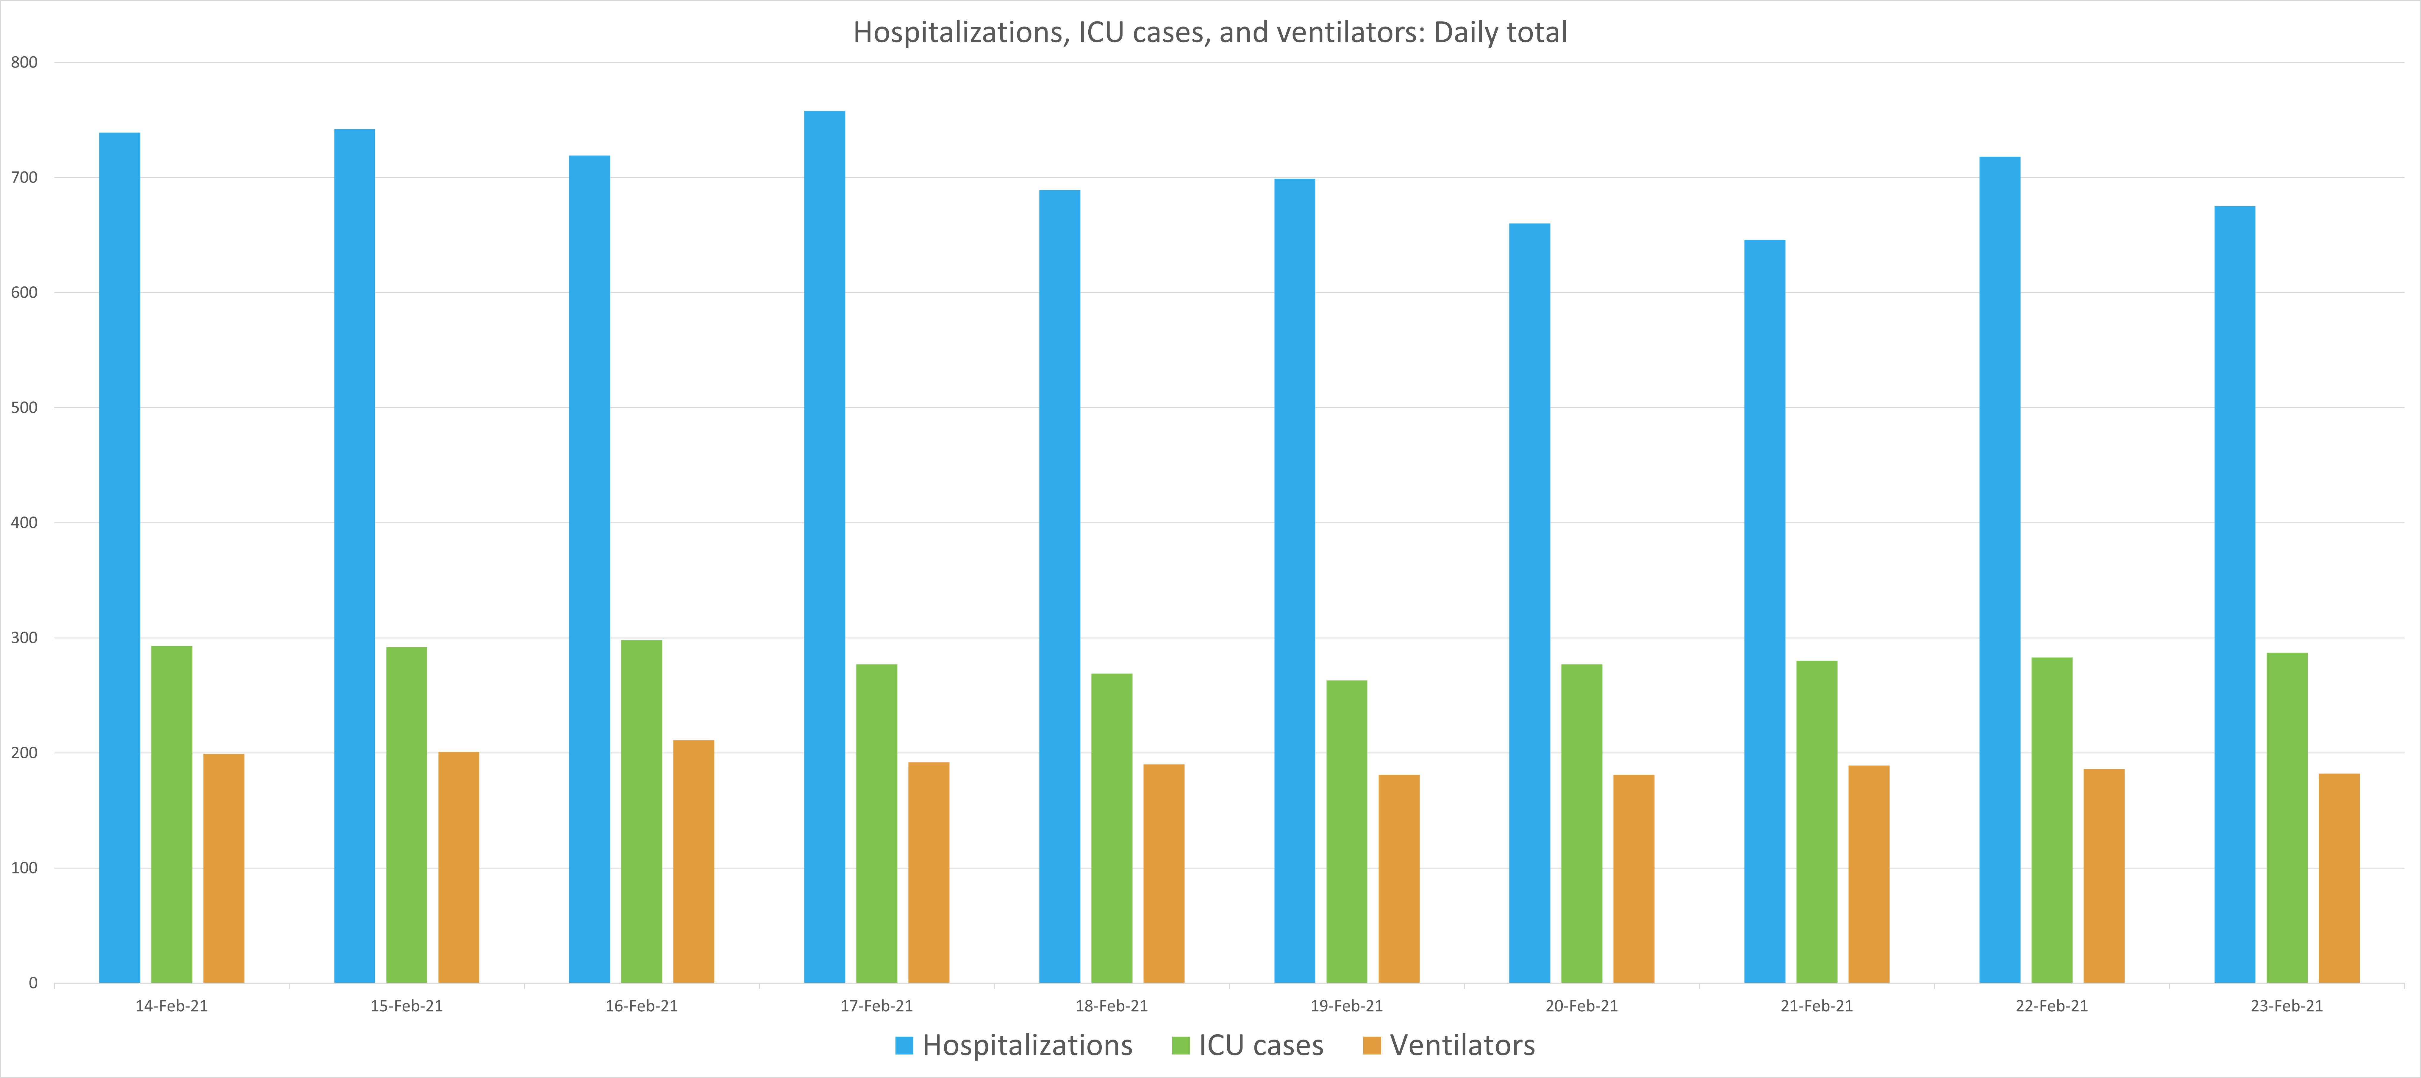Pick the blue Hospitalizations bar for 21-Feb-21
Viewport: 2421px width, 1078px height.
click(1764, 611)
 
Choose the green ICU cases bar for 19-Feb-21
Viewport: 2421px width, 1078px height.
click(1346, 832)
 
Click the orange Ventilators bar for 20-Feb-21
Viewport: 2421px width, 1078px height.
click(1634, 879)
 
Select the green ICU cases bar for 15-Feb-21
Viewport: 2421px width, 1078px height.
click(406, 815)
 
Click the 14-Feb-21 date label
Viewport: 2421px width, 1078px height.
click(171, 1006)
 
